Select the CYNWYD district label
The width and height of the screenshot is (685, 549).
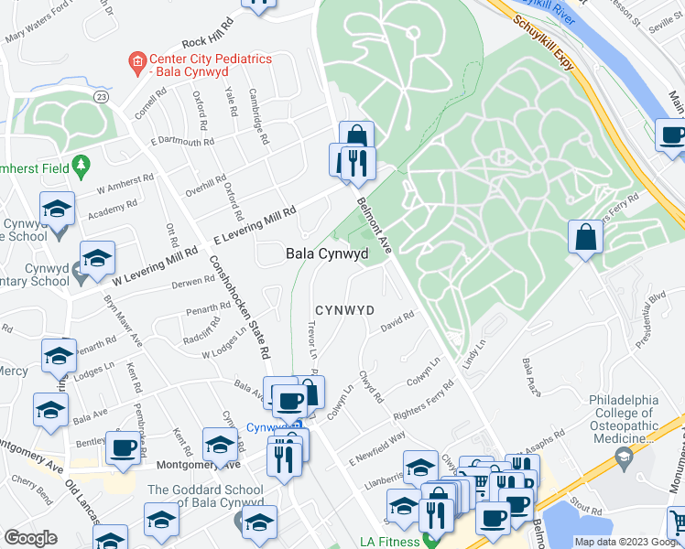[x=344, y=310]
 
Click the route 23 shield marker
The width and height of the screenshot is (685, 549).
[x=102, y=96]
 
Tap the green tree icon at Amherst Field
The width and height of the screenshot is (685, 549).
[x=82, y=166]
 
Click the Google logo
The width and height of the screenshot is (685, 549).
[x=30, y=538]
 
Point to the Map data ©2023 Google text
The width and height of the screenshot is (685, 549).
[x=627, y=542]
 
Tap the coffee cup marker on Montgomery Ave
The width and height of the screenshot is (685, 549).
[x=123, y=447]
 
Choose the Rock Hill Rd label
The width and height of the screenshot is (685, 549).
[x=208, y=42]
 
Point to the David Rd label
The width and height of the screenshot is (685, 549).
[x=398, y=322]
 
